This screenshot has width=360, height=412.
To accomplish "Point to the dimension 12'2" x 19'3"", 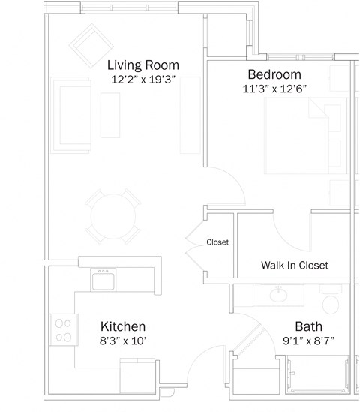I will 142,79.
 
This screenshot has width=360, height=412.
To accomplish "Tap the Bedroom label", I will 274,74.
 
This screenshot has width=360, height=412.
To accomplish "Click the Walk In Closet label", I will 295,266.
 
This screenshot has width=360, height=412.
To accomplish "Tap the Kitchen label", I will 123,326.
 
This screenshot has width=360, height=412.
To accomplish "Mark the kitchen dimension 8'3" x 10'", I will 123,341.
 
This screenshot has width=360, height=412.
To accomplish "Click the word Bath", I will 308,326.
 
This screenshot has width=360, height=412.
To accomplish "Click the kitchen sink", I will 103,281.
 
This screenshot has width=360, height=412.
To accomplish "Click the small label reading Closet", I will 217,242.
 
